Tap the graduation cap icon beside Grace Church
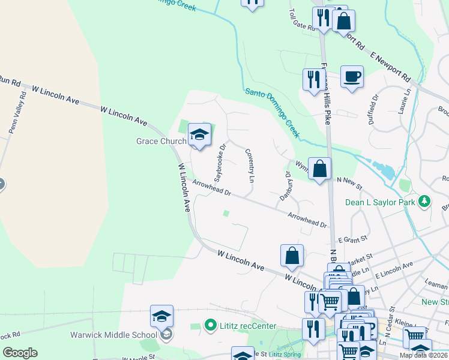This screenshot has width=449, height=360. pyautogui.click(x=199, y=134)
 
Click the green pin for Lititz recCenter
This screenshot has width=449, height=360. pyautogui.click(x=210, y=326)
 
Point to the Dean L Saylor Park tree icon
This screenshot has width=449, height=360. pyautogui.click(x=425, y=201)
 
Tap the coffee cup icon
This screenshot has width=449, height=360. pyautogui.click(x=352, y=77)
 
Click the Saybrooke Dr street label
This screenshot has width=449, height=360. pyautogui.click(x=220, y=161)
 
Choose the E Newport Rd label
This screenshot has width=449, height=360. pyautogui.click(x=390, y=67)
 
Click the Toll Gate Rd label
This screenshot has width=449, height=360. pyautogui.click(x=302, y=20)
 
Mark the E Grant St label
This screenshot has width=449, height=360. pyautogui.click(x=351, y=239)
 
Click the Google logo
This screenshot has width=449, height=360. pyautogui.click(x=20, y=353)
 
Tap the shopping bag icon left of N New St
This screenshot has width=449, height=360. pyautogui.click(x=321, y=169)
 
